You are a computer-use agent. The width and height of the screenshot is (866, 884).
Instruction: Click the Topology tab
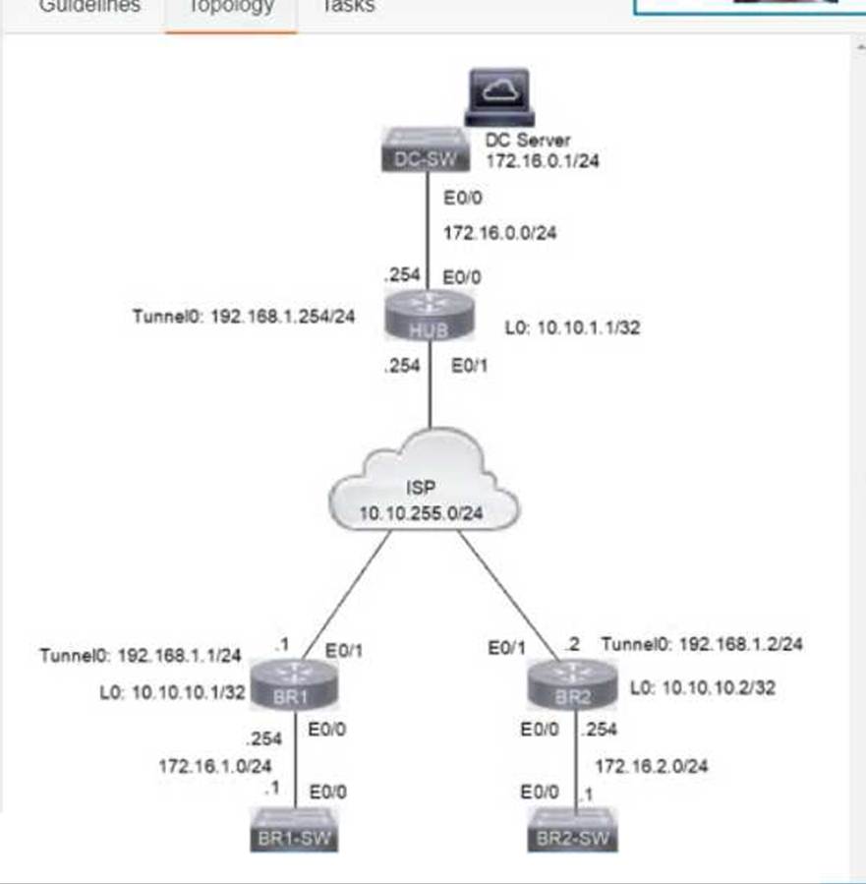point(230,7)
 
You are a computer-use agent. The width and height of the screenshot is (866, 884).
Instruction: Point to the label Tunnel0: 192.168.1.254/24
point(244,318)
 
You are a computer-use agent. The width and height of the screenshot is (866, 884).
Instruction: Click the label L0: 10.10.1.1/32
point(572,327)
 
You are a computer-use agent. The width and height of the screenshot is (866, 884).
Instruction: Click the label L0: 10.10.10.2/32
point(702,688)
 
